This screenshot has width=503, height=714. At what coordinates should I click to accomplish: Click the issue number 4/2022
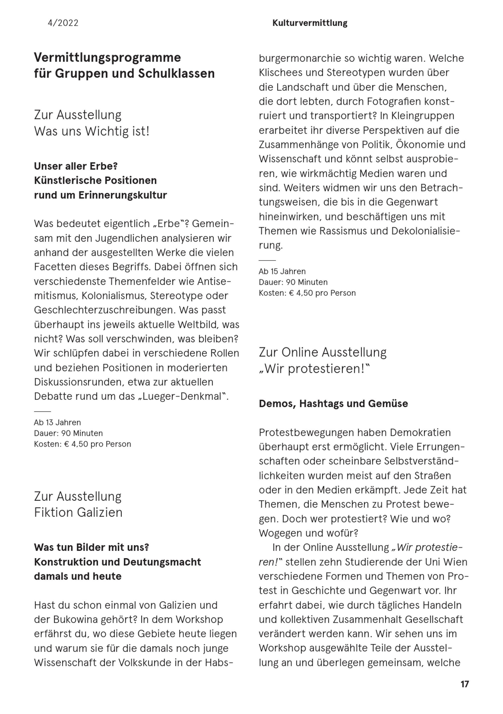(63, 23)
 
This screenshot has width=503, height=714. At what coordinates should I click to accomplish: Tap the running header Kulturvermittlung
(310, 23)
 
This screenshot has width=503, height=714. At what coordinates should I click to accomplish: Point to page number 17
(465, 684)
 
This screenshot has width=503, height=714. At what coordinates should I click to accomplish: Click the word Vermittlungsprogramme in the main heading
(107, 58)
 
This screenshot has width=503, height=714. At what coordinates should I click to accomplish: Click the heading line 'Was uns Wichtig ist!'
(92, 131)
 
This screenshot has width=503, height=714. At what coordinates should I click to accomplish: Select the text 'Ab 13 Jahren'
(57, 422)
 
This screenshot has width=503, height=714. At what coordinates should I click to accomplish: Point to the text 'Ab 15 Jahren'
(282, 271)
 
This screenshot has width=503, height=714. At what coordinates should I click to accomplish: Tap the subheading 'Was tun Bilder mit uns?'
(92, 547)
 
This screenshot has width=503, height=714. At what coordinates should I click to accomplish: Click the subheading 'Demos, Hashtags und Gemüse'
(333, 404)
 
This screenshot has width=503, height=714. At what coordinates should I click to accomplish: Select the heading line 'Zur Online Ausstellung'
(323, 352)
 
